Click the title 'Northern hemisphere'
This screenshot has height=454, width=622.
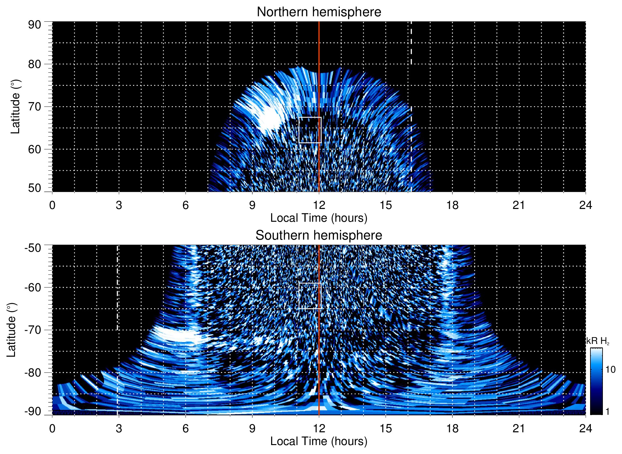(319, 12)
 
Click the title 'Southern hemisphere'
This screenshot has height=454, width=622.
(319, 235)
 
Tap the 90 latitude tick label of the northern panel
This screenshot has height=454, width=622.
(34, 25)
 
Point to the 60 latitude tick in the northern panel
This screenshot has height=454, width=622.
(34, 149)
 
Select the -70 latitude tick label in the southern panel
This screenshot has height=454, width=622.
(33, 330)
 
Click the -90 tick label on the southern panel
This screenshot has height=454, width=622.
(33, 412)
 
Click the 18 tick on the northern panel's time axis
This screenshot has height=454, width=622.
(452, 205)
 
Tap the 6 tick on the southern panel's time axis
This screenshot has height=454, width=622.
(185, 428)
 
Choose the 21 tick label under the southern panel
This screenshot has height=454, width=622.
(519, 428)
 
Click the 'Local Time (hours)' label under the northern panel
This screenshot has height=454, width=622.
(319, 218)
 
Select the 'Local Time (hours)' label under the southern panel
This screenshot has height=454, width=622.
(319, 441)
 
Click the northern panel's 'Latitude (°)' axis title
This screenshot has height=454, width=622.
(15, 107)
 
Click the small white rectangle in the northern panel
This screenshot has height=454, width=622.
(310, 130)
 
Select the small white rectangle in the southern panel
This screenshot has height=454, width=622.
(310, 296)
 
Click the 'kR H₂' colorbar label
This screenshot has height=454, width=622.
(598, 341)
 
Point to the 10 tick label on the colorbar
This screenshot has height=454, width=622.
(610, 370)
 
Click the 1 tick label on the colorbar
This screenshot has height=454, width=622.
(607, 412)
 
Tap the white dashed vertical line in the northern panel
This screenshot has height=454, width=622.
(411, 96)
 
